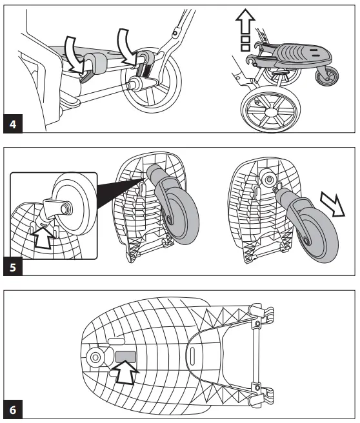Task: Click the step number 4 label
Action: pos(12,124)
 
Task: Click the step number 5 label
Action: pos(12,266)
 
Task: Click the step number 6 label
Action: pos(12,409)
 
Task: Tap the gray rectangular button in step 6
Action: pos(125,355)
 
